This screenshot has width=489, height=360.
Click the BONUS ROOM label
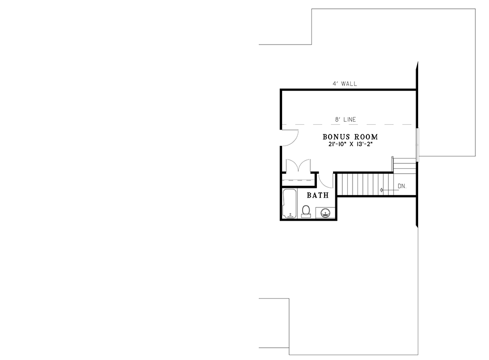point(350,137)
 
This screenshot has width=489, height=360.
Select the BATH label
point(318,195)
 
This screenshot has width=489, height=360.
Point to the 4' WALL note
point(345,84)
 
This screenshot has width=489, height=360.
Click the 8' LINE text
point(346,119)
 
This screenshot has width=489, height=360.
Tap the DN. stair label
point(402,186)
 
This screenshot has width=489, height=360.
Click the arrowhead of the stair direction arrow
point(381,190)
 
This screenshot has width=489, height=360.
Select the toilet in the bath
point(306,211)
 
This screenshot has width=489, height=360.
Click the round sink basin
point(326,213)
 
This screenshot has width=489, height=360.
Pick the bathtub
point(290,203)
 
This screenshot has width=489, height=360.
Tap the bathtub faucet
point(290,216)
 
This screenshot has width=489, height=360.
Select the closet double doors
point(298,165)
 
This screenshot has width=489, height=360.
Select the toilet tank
point(306,215)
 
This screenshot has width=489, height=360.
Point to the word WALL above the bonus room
point(349,84)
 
